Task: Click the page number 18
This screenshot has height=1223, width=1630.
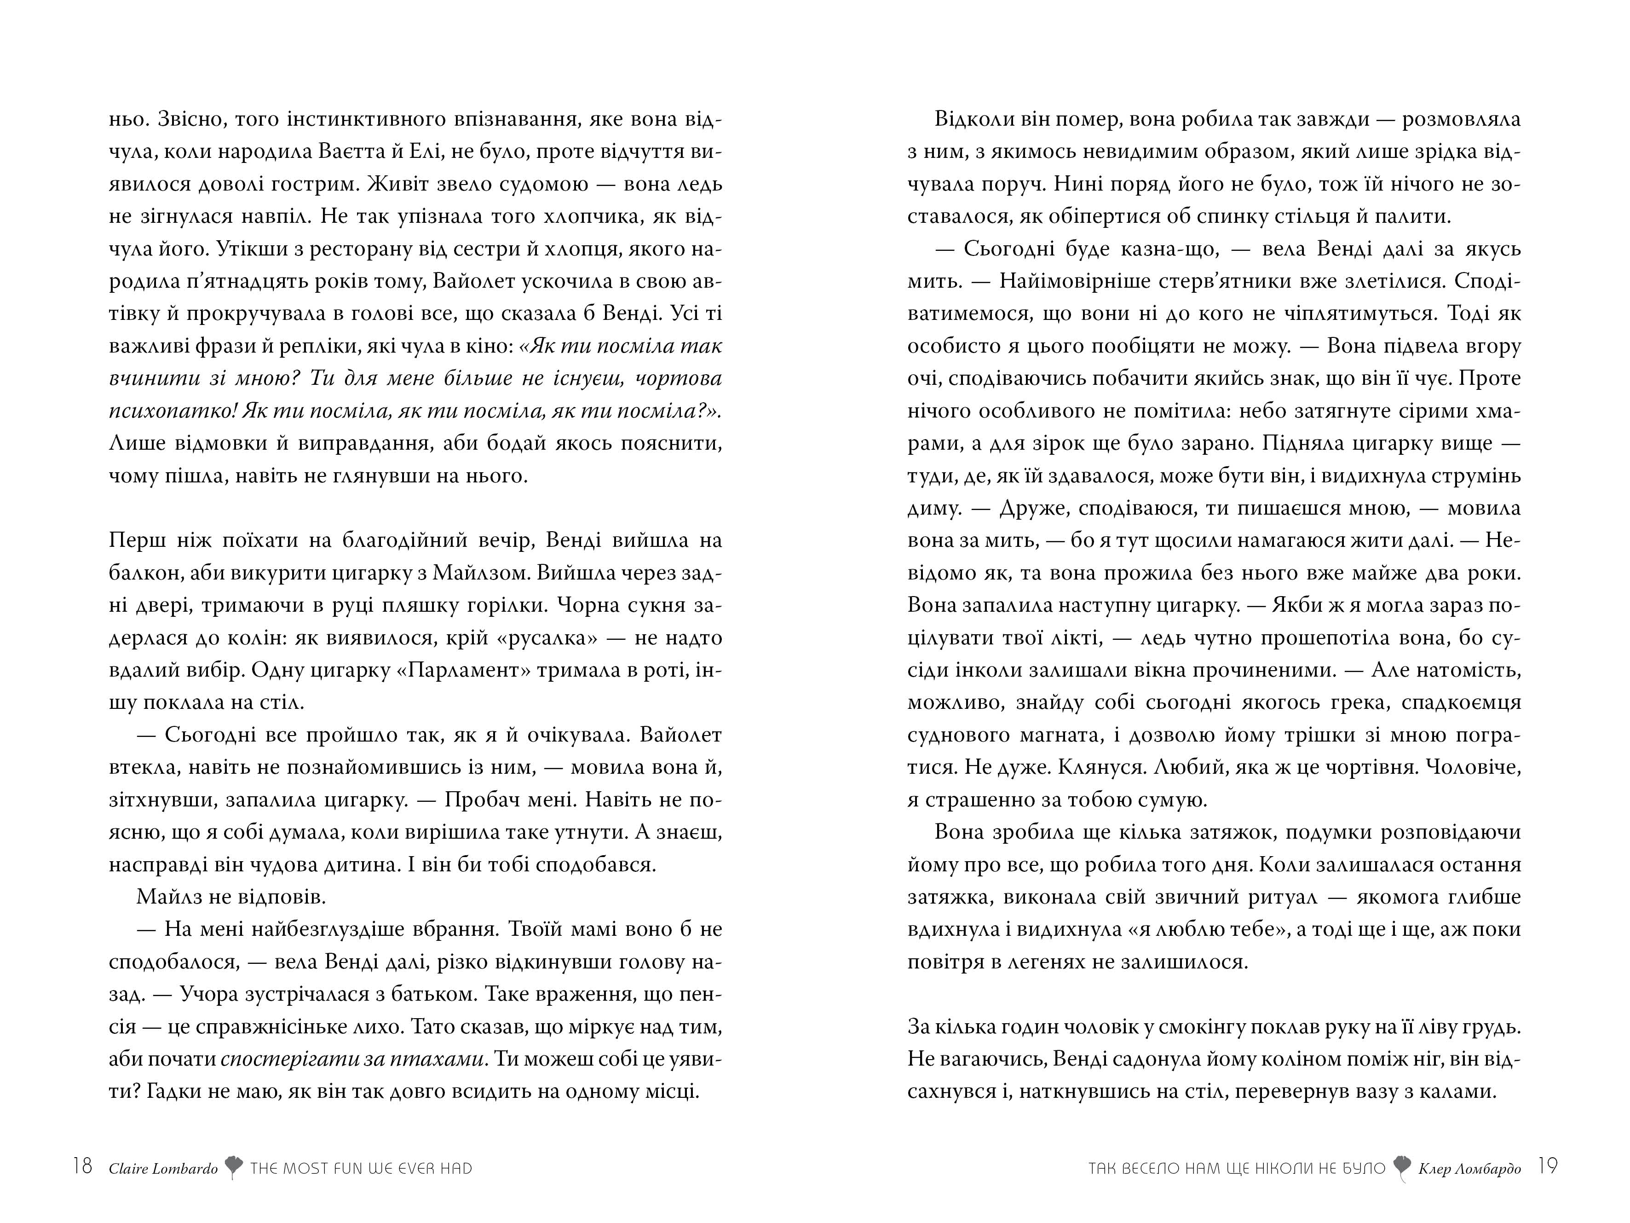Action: (82, 1166)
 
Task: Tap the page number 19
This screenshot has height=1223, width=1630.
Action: (1548, 1166)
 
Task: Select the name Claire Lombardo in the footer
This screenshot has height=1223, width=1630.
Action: (163, 1168)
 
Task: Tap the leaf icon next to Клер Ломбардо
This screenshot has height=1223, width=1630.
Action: (1402, 1168)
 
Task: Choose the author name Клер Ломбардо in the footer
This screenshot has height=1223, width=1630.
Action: (1470, 1168)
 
